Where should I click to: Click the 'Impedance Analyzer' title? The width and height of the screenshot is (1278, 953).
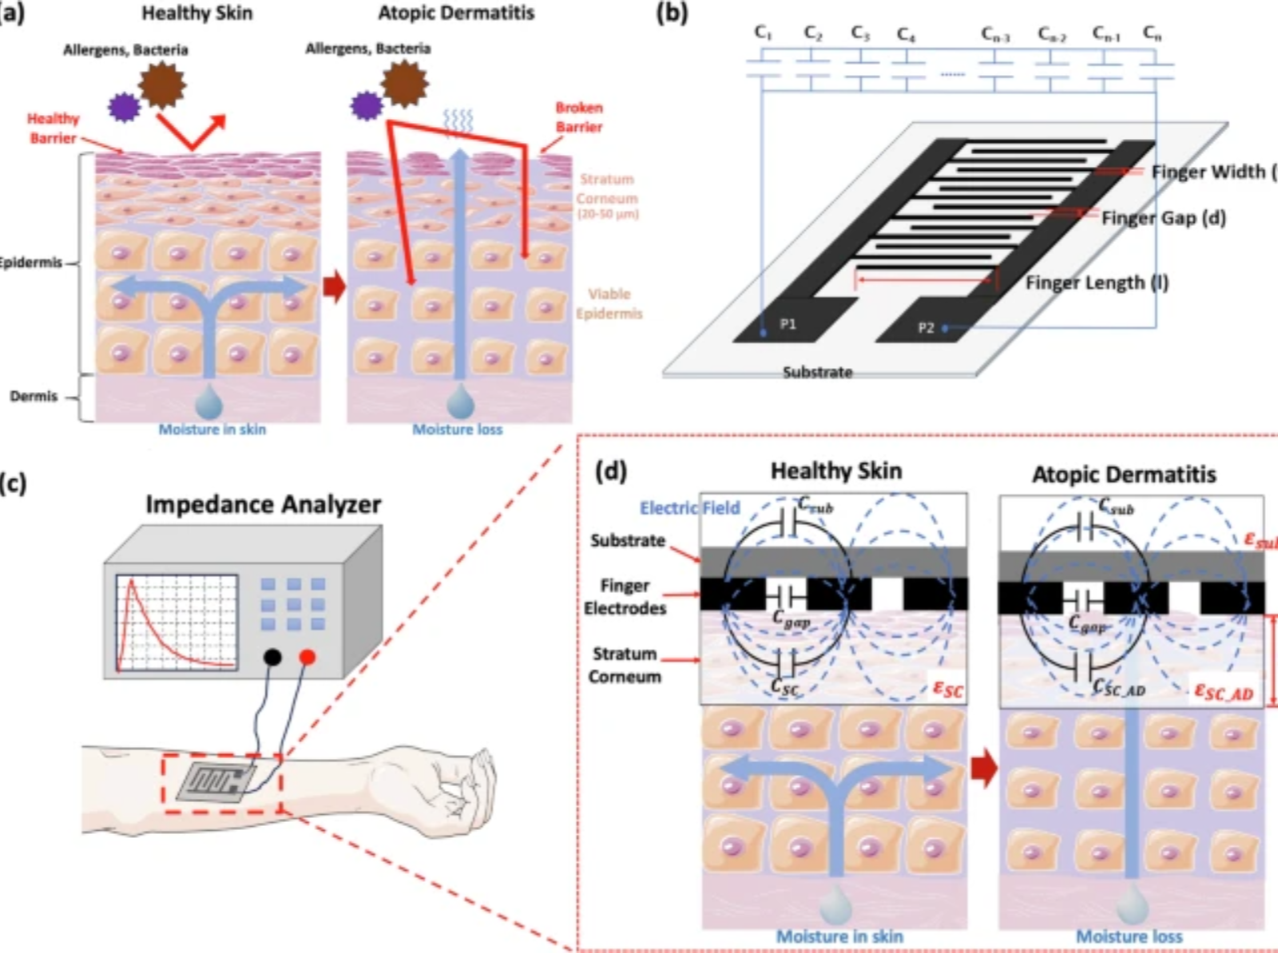click(263, 504)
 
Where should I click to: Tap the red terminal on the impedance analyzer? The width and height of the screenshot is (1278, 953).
click(307, 657)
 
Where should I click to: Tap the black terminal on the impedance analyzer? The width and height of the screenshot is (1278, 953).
click(272, 657)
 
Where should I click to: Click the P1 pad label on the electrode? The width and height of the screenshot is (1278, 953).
click(788, 323)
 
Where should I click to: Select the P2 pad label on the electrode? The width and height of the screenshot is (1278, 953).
click(926, 327)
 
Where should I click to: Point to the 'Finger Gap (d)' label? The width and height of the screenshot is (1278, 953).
click(1163, 218)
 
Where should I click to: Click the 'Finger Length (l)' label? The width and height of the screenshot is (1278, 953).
click(1097, 283)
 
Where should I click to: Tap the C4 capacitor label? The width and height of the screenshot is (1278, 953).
click(906, 34)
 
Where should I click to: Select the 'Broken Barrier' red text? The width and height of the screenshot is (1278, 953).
click(579, 117)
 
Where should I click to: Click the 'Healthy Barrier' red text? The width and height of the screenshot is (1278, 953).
click(53, 129)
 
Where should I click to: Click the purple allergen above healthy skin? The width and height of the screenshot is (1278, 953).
click(124, 107)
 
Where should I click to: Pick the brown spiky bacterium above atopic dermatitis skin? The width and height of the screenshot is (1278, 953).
click(404, 83)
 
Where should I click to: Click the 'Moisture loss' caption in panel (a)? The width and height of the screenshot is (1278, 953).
click(457, 429)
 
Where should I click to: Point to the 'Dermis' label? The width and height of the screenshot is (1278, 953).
click(34, 396)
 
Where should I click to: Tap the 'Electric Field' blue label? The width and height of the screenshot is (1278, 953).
click(689, 508)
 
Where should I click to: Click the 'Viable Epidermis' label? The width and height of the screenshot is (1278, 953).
click(609, 303)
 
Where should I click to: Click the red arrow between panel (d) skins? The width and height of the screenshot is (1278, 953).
click(984, 768)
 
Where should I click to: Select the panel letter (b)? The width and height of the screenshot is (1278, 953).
click(671, 14)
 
